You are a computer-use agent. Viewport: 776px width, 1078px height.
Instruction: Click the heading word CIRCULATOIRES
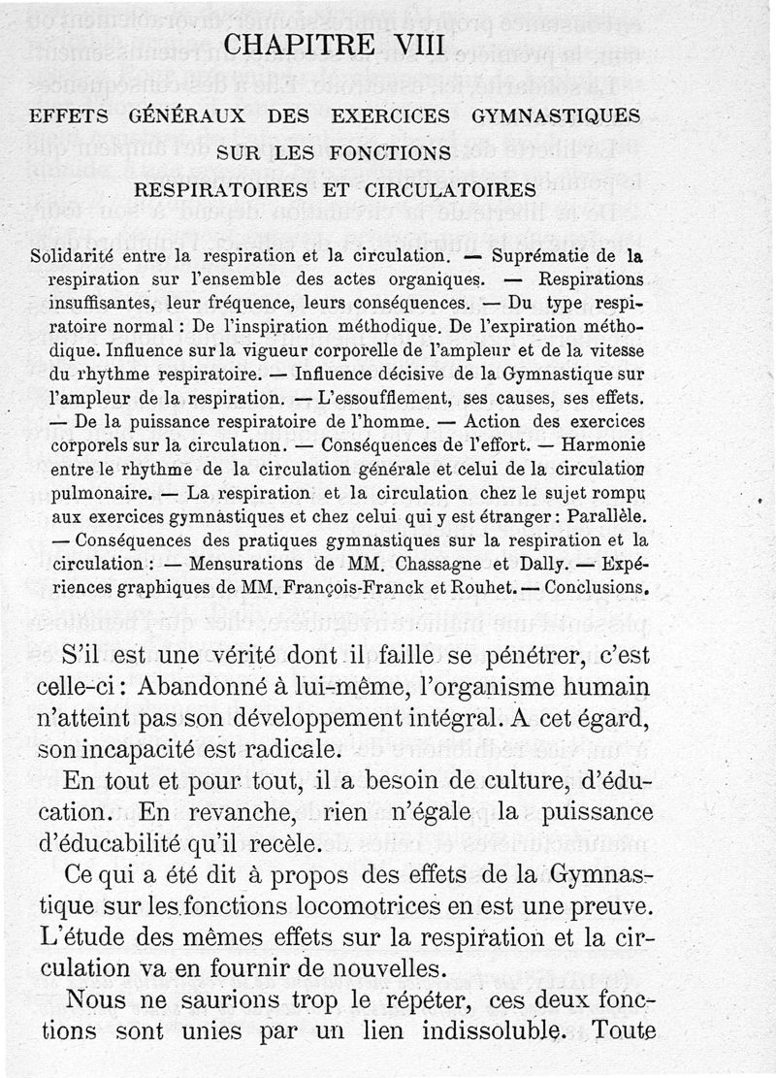pyautogui.click(x=454, y=188)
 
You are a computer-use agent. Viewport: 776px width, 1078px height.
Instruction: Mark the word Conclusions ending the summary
pyautogui.click(x=596, y=586)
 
